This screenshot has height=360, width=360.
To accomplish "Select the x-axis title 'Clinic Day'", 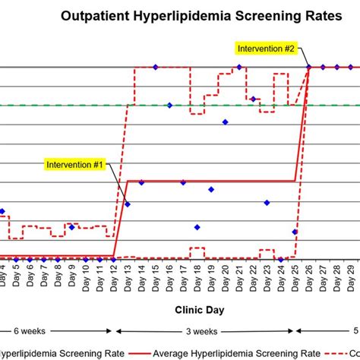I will (x=199, y=310).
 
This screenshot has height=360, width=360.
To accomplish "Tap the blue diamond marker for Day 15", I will (x=156, y=68).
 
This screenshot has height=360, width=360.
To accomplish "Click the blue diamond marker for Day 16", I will (x=169, y=105).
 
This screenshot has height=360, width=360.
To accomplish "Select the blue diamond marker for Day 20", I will (x=225, y=122).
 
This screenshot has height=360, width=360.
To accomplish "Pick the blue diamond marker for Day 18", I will (x=197, y=227).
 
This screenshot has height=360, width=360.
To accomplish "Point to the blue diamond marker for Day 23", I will (x=267, y=202).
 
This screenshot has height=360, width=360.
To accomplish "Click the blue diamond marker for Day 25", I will (x=295, y=232).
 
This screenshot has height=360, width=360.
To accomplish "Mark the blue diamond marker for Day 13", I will (x=128, y=204).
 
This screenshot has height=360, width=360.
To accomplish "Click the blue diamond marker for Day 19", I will (x=211, y=189).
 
